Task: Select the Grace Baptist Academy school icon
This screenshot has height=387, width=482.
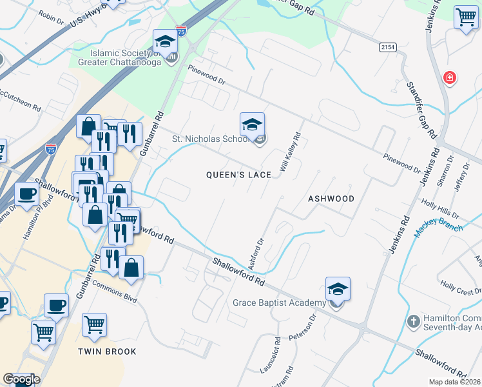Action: point(338,290)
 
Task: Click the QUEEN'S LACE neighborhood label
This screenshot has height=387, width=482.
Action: point(238,175)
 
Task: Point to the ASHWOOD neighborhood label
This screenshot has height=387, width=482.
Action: point(331,199)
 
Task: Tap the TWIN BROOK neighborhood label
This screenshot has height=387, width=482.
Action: point(107,352)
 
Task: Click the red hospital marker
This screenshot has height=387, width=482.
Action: point(449,79)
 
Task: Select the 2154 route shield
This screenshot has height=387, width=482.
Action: point(387,47)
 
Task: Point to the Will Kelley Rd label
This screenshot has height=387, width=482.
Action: point(291,152)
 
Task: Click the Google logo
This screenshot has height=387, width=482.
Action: point(21,379)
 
